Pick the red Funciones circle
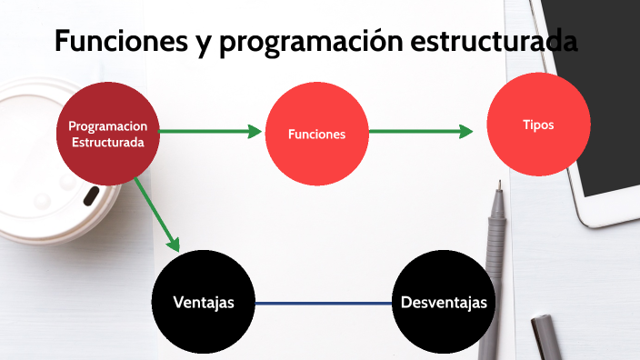(x=316, y=134)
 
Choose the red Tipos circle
(x=539, y=125)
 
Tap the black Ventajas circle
(x=203, y=302)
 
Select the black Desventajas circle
(x=443, y=302)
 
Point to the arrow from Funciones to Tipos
(x=421, y=132)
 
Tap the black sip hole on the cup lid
(x=92, y=195)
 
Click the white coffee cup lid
(x=45, y=164)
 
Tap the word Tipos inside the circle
(x=538, y=125)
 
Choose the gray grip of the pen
(x=495, y=241)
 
